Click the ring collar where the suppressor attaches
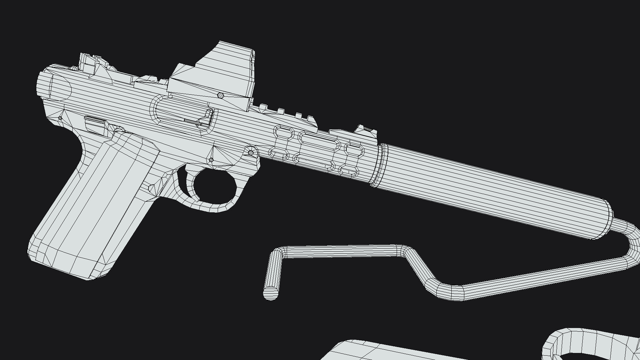pos(380,165)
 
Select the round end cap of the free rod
pos(270,293)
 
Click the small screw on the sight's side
pos(220,96)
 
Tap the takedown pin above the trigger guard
pos(251,153)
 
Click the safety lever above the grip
pos(95,122)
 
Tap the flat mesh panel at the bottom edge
pos(383,352)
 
